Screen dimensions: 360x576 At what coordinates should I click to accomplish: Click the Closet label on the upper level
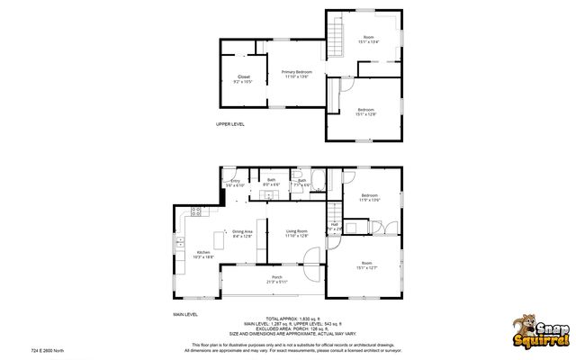pos(243,78)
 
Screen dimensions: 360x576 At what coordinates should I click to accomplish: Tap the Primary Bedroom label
pos(296,74)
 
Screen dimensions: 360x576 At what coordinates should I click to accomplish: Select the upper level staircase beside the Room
pos(336,38)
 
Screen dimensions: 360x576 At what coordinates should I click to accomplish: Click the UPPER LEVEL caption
pos(229,124)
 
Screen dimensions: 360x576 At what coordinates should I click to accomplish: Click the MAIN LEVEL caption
pos(185,314)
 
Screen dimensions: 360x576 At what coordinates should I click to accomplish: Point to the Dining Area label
pos(242,234)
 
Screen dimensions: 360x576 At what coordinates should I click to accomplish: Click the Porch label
pos(276,279)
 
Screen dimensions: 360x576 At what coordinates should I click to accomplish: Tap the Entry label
pos(235,183)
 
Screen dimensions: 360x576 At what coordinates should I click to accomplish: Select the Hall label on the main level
pos(334,227)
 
